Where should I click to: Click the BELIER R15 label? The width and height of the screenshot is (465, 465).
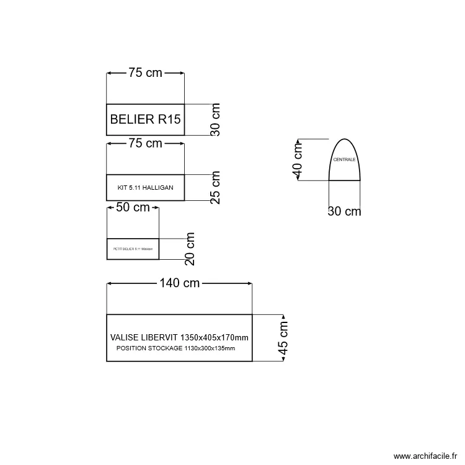(146, 120)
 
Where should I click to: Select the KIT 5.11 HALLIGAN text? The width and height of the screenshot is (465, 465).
(146, 187)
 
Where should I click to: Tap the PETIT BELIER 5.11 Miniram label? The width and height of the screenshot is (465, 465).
(133, 249)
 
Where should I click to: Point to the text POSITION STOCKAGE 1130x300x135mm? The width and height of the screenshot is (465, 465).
(175, 348)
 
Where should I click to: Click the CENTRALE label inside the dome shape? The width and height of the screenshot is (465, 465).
(345, 160)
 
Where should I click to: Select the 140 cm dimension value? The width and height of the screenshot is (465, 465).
(179, 283)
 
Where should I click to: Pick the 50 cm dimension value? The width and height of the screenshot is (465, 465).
(133, 208)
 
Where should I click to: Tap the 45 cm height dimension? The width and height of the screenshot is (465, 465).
(283, 338)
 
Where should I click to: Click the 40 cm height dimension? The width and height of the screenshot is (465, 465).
(298, 159)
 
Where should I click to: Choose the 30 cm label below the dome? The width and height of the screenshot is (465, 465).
(344, 211)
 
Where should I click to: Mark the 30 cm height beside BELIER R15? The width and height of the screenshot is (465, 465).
(215, 120)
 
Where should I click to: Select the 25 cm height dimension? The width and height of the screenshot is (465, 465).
(215, 188)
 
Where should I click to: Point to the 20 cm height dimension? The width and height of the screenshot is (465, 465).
(190, 249)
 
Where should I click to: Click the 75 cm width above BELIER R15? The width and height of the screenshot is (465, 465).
(145, 73)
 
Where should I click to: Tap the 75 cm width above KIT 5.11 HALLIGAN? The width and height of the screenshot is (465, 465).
(145, 144)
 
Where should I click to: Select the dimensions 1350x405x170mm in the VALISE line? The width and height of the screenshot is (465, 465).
(215, 338)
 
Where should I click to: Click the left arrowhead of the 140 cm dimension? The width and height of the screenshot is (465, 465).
(110, 283)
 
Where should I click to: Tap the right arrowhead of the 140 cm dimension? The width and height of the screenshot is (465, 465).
(249, 283)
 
